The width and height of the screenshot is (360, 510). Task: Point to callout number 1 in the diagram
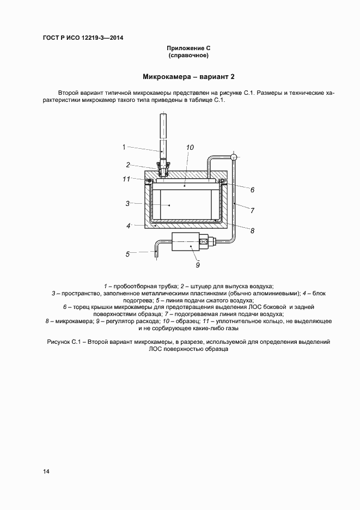pyautogui.click(x=124, y=147)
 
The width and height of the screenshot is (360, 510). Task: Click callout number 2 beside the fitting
pyautogui.click(x=128, y=165)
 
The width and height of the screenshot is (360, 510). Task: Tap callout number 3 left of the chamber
pyautogui.click(x=127, y=203)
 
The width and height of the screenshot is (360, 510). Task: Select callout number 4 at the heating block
pyautogui.click(x=128, y=225)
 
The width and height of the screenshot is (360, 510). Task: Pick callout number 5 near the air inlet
pyautogui.click(x=127, y=253)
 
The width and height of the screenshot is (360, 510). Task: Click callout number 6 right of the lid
pyautogui.click(x=252, y=190)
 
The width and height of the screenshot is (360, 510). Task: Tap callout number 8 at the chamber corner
pyautogui.click(x=252, y=230)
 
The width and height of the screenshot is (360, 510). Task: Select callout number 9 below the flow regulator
pyautogui.click(x=198, y=265)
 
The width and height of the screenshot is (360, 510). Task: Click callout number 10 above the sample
pyautogui.click(x=190, y=147)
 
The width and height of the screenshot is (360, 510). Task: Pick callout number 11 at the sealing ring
pyautogui.click(x=126, y=178)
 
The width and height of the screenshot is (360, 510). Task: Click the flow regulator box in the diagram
pyautogui.click(x=188, y=242)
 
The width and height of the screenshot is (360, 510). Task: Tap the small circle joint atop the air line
pyautogui.click(x=234, y=157)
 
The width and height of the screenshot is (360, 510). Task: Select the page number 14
pyautogui.click(x=46, y=471)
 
